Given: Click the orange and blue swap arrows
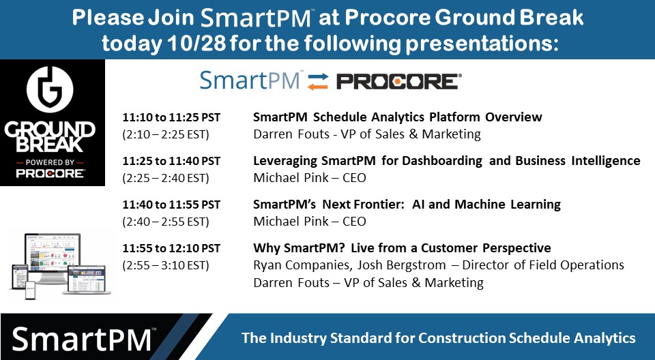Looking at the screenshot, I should [x=317, y=82].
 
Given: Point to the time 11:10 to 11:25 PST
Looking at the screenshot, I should [x=171, y=117].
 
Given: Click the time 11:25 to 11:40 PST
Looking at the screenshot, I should [x=171, y=161].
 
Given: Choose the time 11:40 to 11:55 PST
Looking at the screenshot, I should [x=171, y=205].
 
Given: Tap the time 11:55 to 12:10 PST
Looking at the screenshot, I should [x=171, y=248].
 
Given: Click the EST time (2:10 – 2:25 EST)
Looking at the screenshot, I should [x=166, y=134].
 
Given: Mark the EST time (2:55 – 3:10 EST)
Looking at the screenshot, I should [x=166, y=265].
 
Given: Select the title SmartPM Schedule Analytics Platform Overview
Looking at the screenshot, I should [x=398, y=117].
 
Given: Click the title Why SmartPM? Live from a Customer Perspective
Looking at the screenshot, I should [x=402, y=248].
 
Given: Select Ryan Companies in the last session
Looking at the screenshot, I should [x=301, y=265].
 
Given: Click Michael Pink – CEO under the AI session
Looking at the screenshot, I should [x=310, y=222].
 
